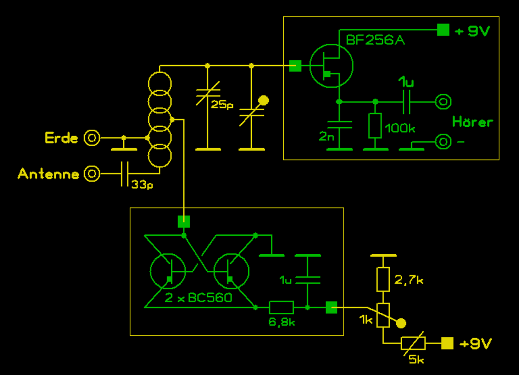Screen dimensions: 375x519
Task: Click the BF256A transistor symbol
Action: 331,66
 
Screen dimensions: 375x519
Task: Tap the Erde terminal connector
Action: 92,138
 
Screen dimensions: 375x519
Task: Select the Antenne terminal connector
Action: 92,174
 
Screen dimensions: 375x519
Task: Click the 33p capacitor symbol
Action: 125,174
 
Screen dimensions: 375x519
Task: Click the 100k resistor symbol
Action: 375,126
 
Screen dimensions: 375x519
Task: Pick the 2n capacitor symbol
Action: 339,125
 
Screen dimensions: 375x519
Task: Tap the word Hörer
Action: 472,122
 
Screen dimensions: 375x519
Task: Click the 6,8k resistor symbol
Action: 281,308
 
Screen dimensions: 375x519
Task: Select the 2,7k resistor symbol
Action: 383,279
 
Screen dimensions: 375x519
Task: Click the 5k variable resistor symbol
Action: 413,343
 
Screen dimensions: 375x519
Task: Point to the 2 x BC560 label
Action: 199,298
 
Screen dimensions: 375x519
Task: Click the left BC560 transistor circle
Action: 168,271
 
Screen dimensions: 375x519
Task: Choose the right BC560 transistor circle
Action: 231,271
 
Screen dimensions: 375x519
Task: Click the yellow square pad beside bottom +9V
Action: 447,343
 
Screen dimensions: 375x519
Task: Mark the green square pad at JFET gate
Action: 295,66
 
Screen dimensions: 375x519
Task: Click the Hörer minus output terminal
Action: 443,141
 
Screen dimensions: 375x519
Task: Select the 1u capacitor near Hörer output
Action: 406,102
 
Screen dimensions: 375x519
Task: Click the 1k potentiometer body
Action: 383,315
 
